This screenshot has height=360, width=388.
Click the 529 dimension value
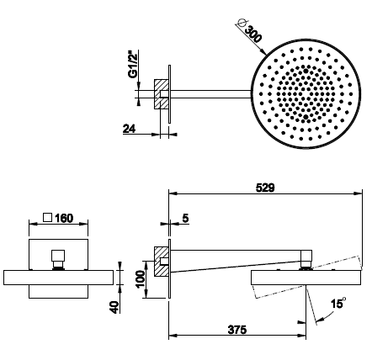coord(265,188)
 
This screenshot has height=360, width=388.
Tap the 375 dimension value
coord(237,330)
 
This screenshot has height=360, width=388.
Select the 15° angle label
coord(338,304)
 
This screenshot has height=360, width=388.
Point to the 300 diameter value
coord(253,34)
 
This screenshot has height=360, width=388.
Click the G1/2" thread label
coord(133,64)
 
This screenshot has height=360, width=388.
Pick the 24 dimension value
coord(129,129)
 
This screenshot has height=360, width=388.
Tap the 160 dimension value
coord(64,218)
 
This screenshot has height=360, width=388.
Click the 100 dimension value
coord(141,279)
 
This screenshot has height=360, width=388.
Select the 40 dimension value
coord(114,307)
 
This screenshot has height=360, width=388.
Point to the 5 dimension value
coord(185,218)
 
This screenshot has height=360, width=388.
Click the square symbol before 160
coord(48,218)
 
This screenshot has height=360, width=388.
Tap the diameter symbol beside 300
coord(242,24)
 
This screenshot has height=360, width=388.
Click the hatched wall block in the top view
coord(162,94)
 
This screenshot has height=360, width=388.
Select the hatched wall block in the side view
coord(162,262)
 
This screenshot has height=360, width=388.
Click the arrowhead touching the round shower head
coord(263,51)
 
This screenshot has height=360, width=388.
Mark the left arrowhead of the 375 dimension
coord(173,335)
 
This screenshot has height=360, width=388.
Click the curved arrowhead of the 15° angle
coord(320,319)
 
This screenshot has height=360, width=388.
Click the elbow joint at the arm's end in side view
coord(306,258)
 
